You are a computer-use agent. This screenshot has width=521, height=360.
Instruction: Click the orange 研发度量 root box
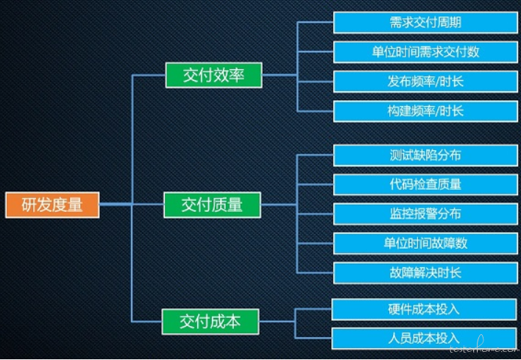[x=52, y=205]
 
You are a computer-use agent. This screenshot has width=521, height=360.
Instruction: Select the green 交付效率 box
[x=213, y=75]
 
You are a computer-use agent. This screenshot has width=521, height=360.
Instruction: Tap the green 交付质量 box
[x=212, y=205]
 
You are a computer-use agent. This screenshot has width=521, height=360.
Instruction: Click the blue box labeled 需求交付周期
[x=425, y=22]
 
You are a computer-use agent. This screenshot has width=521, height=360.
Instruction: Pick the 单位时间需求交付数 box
[x=425, y=52]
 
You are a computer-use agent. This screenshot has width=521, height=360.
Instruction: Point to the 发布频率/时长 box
[x=425, y=82]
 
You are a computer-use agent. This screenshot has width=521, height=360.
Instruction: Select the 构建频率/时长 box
[x=425, y=111]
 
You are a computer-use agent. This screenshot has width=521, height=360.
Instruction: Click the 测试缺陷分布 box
[x=425, y=155]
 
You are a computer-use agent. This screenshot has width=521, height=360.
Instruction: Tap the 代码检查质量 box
[x=425, y=184]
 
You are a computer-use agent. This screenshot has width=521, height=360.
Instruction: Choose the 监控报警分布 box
[x=425, y=213]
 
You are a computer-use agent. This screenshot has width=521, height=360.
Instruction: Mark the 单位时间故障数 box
[x=425, y=243]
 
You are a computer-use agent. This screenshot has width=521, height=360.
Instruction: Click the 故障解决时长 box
[x=425, y=272]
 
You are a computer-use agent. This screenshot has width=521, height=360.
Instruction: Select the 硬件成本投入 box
[x=423, y=309]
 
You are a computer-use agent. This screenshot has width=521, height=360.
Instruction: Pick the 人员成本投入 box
[x=423, y=338]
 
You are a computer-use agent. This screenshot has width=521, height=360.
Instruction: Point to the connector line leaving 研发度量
[x=115, y=205]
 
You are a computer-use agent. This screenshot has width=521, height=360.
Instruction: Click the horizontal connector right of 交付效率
[x=280, y=75]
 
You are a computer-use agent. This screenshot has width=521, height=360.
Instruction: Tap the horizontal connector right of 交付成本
[x=277, y=321]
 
